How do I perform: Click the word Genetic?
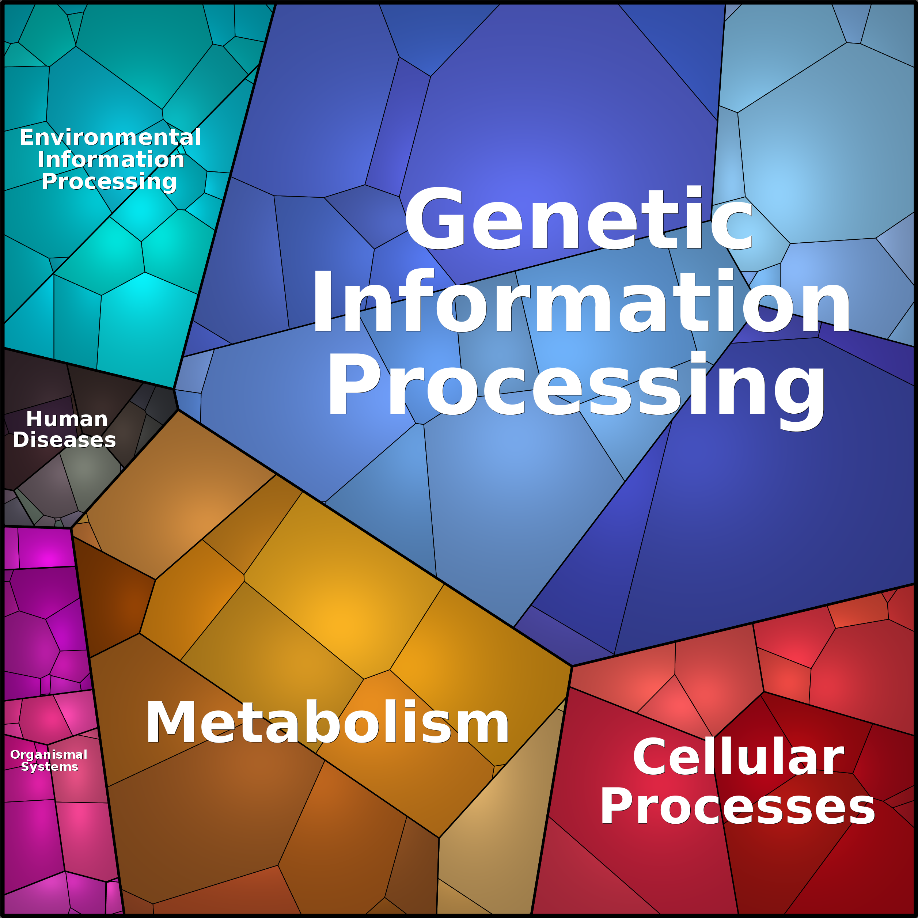pyautogui.click(x=579, y=218)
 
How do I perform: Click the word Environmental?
pyautogui.click(x=110, y=137)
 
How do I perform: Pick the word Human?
pyautogui.click(x=67, y=419)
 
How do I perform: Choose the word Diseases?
pyautogui.click(x=65, y=440)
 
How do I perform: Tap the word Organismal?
pyautogui.click(x=49, y=755)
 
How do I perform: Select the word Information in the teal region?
pyautogui.click(x=111, y=159)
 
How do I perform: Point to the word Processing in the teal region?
pyautogui.click(x=109, y=182)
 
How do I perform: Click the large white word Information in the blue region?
pyautogui.click(x=581, y=300)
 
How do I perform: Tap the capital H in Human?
pyautogui.click(x=35, y=419)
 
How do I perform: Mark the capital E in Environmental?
pyautogui.click(x=27, y=137)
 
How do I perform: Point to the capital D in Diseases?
pyautogui.click(x=22, y=440)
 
